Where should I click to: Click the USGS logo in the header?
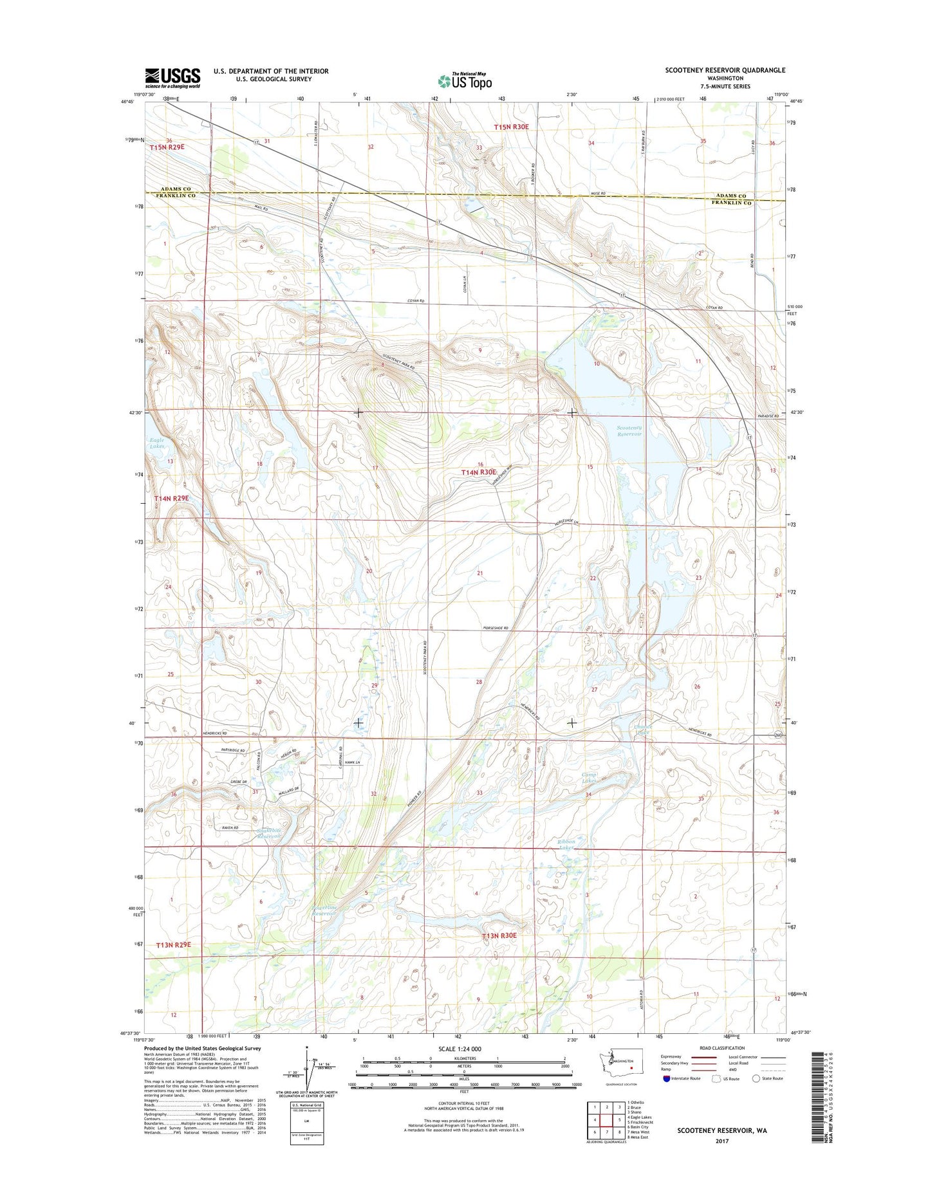172,78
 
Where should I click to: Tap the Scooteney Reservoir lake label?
629,430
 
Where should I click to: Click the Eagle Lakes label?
156,443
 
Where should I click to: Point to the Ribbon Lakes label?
566,844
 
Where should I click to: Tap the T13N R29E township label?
174,944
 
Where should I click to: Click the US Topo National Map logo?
465,80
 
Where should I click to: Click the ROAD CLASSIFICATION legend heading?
723,1048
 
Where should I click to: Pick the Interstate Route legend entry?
682,1078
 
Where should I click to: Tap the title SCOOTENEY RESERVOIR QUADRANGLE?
725,70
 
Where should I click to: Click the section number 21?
480,573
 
